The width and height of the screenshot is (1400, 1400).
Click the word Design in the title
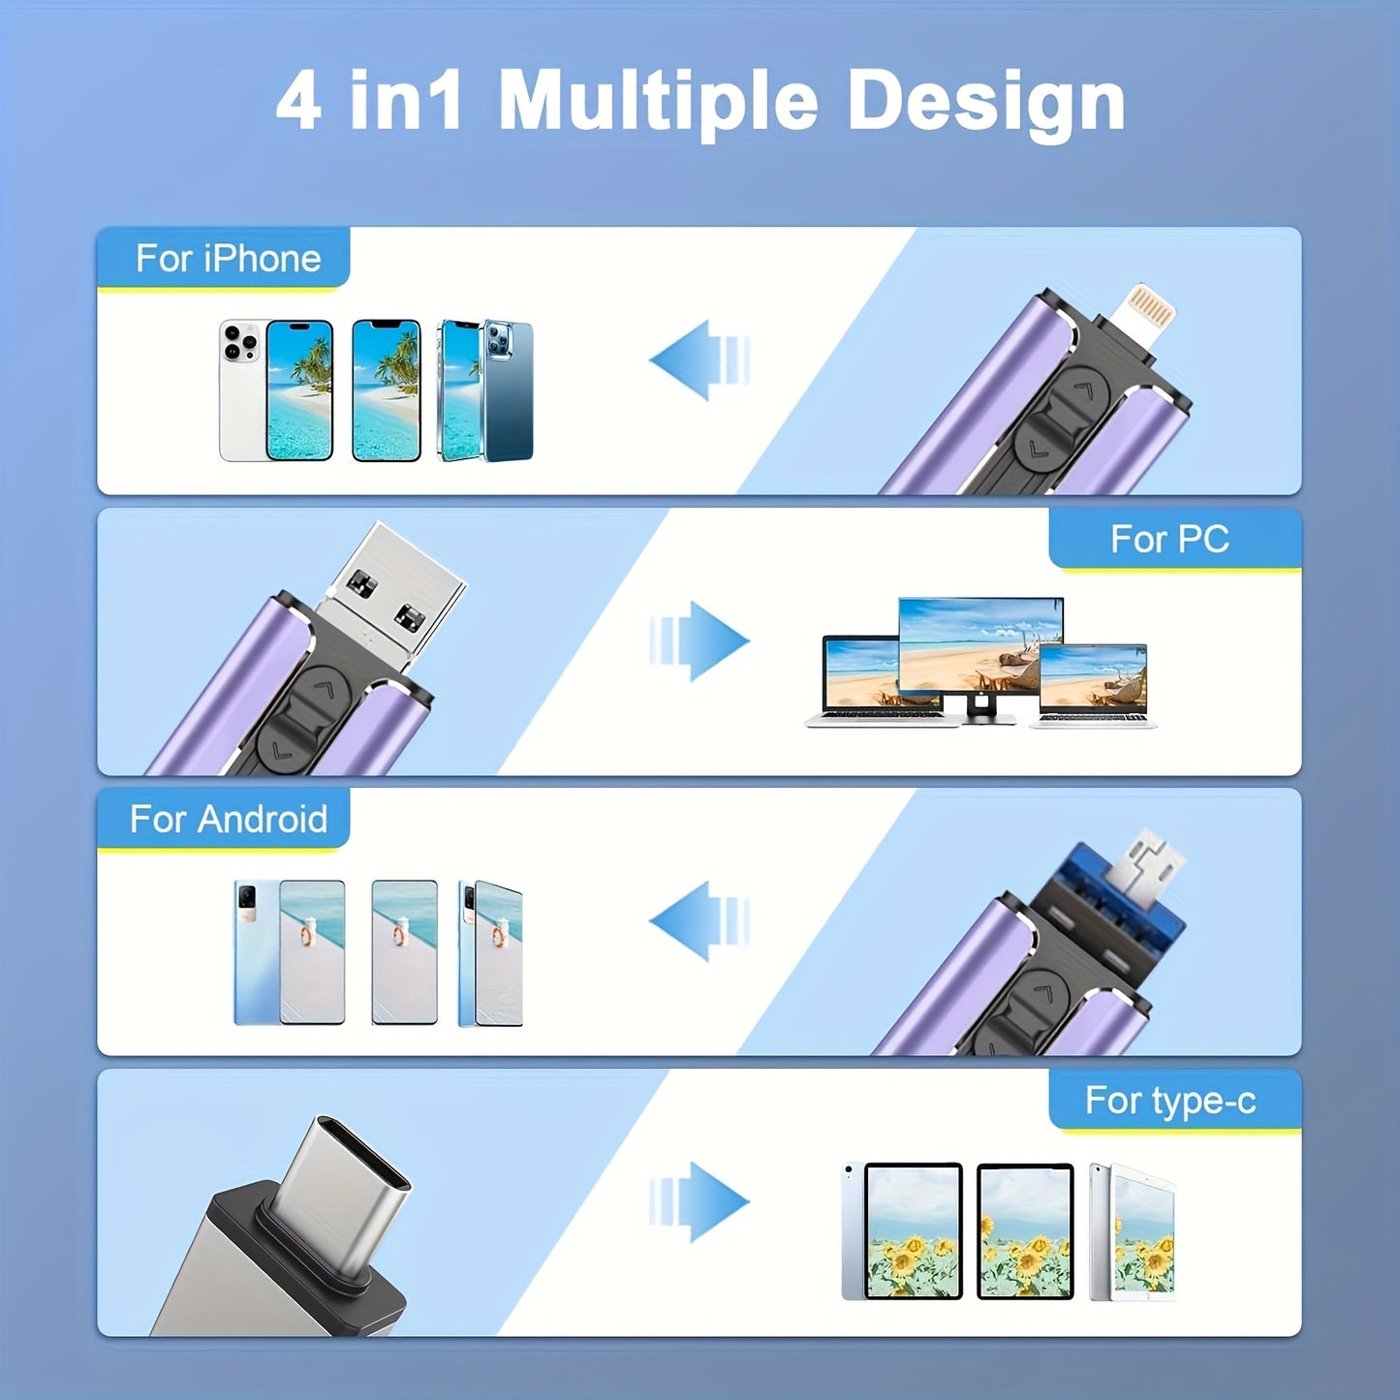click(986, 102)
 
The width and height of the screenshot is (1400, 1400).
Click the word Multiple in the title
click(658, 102)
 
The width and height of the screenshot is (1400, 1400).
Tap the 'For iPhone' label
click(228, 258)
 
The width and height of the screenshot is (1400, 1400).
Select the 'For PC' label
click(1169, 539)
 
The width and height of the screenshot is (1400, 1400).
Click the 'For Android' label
click(228, 819)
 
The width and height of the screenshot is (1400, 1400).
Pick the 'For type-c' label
click(1170, 1100)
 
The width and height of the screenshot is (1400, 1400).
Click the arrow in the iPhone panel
click(699, 360)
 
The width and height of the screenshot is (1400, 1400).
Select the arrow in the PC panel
click(699, 640)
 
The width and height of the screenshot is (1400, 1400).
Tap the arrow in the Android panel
click(699, 921)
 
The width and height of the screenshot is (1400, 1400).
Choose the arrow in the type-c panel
click(699, 1202)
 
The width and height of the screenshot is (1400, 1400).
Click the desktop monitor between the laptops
click(980, 654)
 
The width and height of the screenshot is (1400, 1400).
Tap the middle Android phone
click(405, 952)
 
